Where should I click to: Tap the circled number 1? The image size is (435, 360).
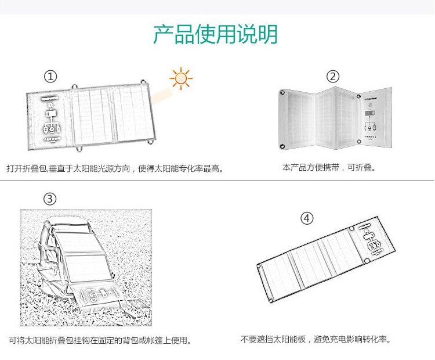(x=51, y=77)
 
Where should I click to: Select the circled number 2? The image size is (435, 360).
(x=332, y=77)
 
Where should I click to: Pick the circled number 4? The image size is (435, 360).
(x=307, y=218)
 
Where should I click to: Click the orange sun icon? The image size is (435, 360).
(x=182, y=78)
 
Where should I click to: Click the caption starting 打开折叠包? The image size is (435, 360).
(x=115, y=168)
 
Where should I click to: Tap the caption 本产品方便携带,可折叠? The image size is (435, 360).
(x=329, y=167)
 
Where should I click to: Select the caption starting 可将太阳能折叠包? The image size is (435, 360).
(x=100, y=340)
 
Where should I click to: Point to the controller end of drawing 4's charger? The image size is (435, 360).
(x=372, y=240)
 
